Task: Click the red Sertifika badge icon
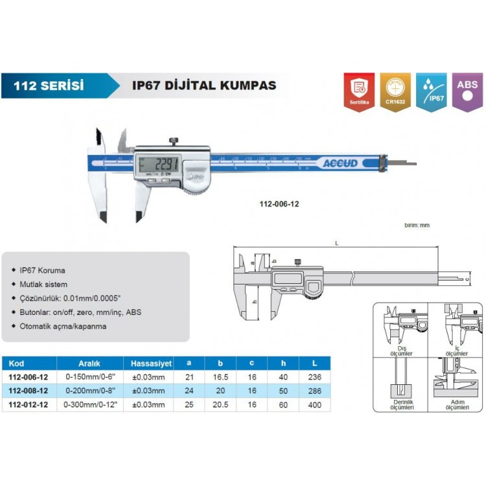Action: (359, 91)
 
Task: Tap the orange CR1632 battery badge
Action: (395, 91)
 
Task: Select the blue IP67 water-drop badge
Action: (430, 91)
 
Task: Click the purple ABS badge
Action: (467, 91)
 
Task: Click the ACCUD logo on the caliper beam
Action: (341, 163)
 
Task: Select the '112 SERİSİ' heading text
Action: (52, 85)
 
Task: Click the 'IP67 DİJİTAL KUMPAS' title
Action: (204, 85)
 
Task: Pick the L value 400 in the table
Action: (316, 405)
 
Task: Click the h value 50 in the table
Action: (283, 391)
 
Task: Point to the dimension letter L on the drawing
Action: (337, 243)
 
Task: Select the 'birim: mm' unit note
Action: (417, 225)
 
